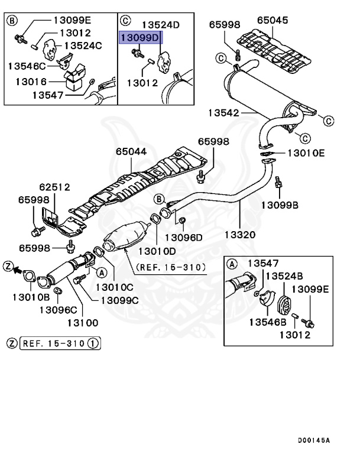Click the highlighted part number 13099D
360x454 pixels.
pyautogui.click(x=140, y=37)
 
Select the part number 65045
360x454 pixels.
pyautogui.click(x=273, y=20)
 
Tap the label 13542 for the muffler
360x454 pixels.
pyautogui.click(x=223, y=112)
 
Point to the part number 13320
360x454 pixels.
pyautogui.click(x=240, y=235)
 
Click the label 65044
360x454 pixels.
pyautogui.click(x=131, y=152)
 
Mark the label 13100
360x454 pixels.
pyautogui.click(x=82, y=323)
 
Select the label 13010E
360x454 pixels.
pyautogui.click(x=306, y=153)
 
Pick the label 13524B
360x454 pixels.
pyautogui.click(x=284, y=275)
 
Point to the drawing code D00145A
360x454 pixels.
pyautogui.click(x=314, y=440)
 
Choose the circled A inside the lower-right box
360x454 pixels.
pyautogui.click(x=232, y=263)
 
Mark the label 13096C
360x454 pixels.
pyautogui.click(x=59, y=309)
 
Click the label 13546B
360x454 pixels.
pyautogui.click(x=267, y=322)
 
